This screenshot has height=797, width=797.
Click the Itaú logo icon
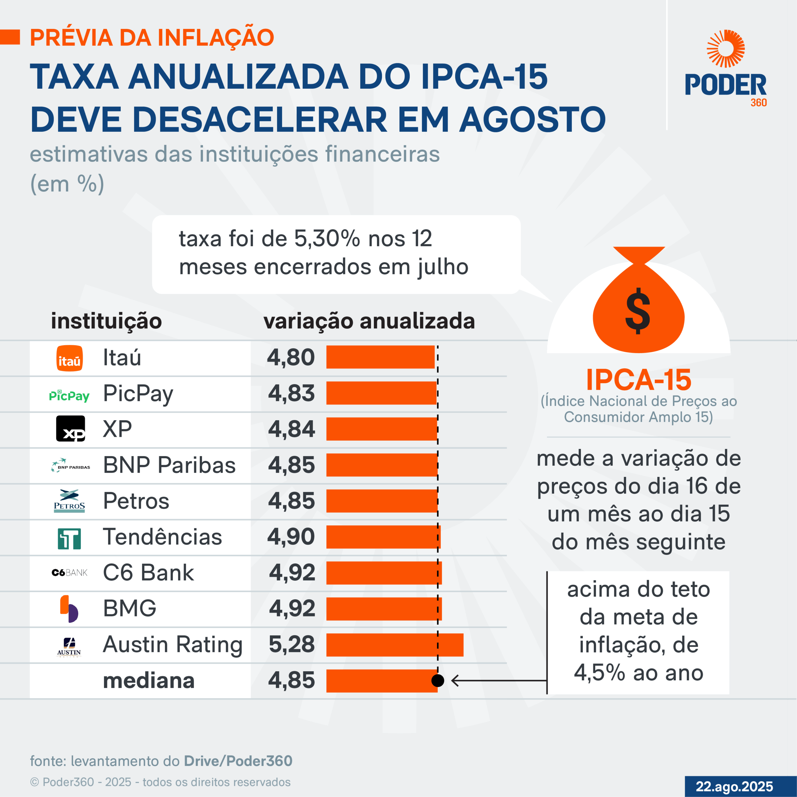coord(69,358)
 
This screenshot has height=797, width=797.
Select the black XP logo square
coord(71,429)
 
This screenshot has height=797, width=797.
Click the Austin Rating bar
coord(395,645)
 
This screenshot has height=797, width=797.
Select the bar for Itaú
coord(380,357)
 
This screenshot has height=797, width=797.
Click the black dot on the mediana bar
coord(438,680)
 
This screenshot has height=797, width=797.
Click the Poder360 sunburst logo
coord(726,48)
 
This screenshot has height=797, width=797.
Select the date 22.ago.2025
coord(734,786)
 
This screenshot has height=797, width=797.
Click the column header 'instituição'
coord(106,321)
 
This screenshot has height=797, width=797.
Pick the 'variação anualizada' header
coord(369,321)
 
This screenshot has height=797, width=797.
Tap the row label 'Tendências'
coord(163,537)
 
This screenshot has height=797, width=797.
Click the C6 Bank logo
coord(69,573)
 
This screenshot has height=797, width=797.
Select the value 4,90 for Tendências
coord(291,537)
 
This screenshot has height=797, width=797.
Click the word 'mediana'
coord(149,680)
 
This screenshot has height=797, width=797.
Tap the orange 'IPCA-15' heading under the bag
coord(639,380)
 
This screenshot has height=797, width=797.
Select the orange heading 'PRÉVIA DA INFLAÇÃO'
coord(152,38)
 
